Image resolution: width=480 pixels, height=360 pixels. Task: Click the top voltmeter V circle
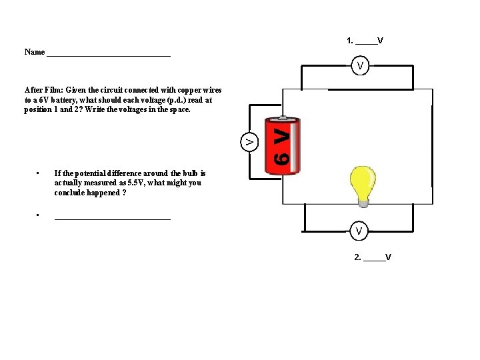click(360, 65)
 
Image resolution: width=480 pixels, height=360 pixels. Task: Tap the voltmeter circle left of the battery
click(249, 141)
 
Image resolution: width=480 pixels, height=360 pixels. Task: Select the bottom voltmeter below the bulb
click(359, 230)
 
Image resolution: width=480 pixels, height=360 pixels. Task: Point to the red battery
click(283, 146)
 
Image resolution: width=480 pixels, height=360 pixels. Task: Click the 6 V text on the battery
click(283, 147)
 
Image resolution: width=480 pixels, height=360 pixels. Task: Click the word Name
click(35, 52)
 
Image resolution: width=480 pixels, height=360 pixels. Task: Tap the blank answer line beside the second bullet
click(112, 217)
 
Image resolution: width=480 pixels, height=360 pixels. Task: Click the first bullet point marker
click(39, 173)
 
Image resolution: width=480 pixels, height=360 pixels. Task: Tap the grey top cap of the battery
click(283, 120)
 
